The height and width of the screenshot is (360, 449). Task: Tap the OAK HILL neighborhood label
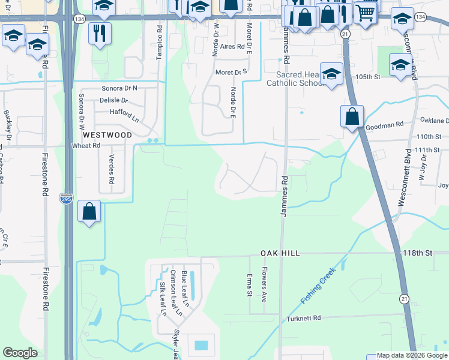(280, 254)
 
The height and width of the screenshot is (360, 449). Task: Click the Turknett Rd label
(304, 318)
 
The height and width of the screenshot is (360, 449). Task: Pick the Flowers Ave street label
(264, 284)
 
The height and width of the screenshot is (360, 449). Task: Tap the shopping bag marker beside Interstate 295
(89, 212)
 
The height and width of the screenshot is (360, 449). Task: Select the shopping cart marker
(366, 12)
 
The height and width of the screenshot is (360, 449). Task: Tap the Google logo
(20, 353)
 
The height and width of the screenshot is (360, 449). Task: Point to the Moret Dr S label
(232, 73)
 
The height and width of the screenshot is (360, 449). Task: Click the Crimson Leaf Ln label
(174, 292)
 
